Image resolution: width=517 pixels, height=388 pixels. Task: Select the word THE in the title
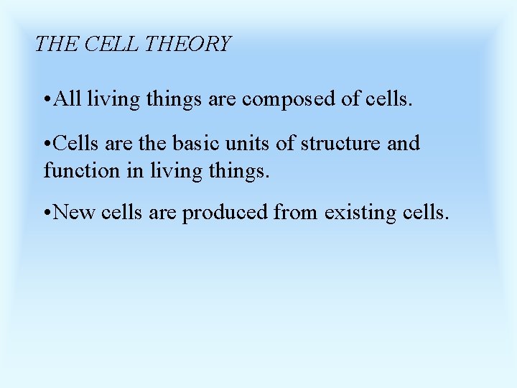click(57, 45)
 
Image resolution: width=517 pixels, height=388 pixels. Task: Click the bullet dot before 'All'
click(47, 98)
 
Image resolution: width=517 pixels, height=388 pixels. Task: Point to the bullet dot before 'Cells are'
click(47, 144)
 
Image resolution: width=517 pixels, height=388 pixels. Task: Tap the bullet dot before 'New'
click(47, 213)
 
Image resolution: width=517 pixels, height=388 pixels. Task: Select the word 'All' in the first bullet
click(67, 98)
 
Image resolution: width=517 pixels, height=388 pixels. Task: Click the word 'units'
click(248, 143)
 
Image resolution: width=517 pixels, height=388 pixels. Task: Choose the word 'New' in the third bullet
click(72, 213)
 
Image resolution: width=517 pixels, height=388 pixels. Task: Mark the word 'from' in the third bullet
click(297, 213)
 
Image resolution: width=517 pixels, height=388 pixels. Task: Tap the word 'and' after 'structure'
click(404, 143)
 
